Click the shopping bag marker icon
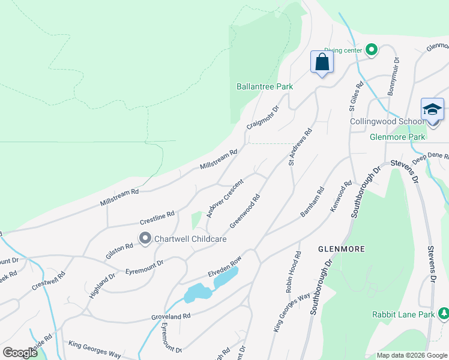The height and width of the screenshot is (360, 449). pos(322,62)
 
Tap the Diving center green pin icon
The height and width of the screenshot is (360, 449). pos(371,50)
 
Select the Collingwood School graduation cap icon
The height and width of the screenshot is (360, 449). pos(432,110)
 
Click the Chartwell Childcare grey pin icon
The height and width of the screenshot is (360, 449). pos(145,239)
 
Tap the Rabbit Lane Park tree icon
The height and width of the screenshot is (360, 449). pos(443,314)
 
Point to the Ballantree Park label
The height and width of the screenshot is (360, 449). pos(265,86)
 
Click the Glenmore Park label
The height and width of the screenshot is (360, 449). pos(397,137)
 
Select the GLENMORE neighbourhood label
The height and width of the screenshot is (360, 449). pos(342,248)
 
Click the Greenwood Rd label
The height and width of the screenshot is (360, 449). pos(244,211)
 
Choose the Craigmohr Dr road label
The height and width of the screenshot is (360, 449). pos(264,118)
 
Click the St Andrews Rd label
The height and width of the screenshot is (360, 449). pos(300,146)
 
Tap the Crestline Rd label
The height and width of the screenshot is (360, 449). pos(157,215)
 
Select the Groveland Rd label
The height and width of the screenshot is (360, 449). pos(170,316)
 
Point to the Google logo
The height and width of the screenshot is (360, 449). pos(20,353)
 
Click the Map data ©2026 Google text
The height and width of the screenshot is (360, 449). pos(411,355)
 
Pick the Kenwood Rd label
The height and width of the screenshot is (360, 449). pos(340,197)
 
